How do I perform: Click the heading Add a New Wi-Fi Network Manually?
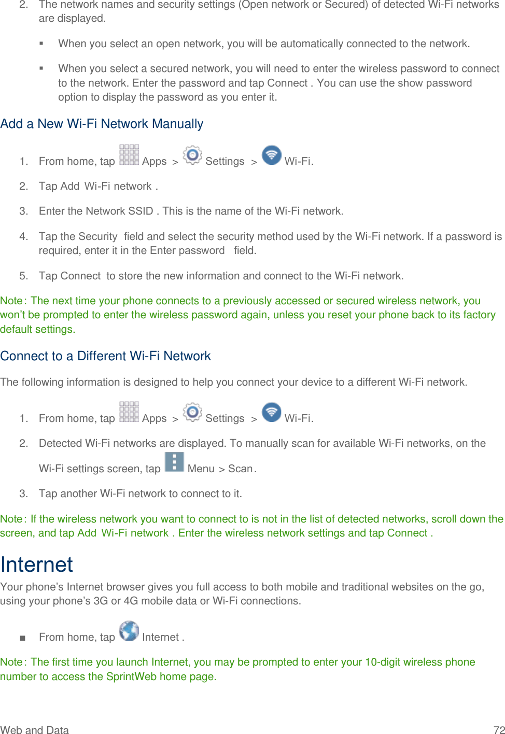[102, 124]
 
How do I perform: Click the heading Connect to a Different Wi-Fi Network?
[105, 356]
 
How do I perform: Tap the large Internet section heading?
[36, 564]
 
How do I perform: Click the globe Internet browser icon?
[129, 630]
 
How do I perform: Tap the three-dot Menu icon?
[174, 462]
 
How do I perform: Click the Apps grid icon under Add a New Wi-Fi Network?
[129, 154]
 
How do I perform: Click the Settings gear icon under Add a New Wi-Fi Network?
[192, 154]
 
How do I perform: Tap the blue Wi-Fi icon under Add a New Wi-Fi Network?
[272, 154]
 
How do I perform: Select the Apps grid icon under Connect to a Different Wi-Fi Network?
[129, 412]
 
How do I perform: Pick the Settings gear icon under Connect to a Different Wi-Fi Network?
[192, 412]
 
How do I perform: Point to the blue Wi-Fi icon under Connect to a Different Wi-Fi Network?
[272, 412]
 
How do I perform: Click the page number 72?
[499, 730]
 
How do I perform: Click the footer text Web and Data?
[34, 730]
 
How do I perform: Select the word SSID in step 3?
[141, 211]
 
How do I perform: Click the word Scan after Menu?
[240, 469]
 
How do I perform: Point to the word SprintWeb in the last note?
[131, 676]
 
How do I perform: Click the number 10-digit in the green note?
[383, 662]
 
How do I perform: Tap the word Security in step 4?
[97, 236]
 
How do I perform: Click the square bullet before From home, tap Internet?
[22, 638]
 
